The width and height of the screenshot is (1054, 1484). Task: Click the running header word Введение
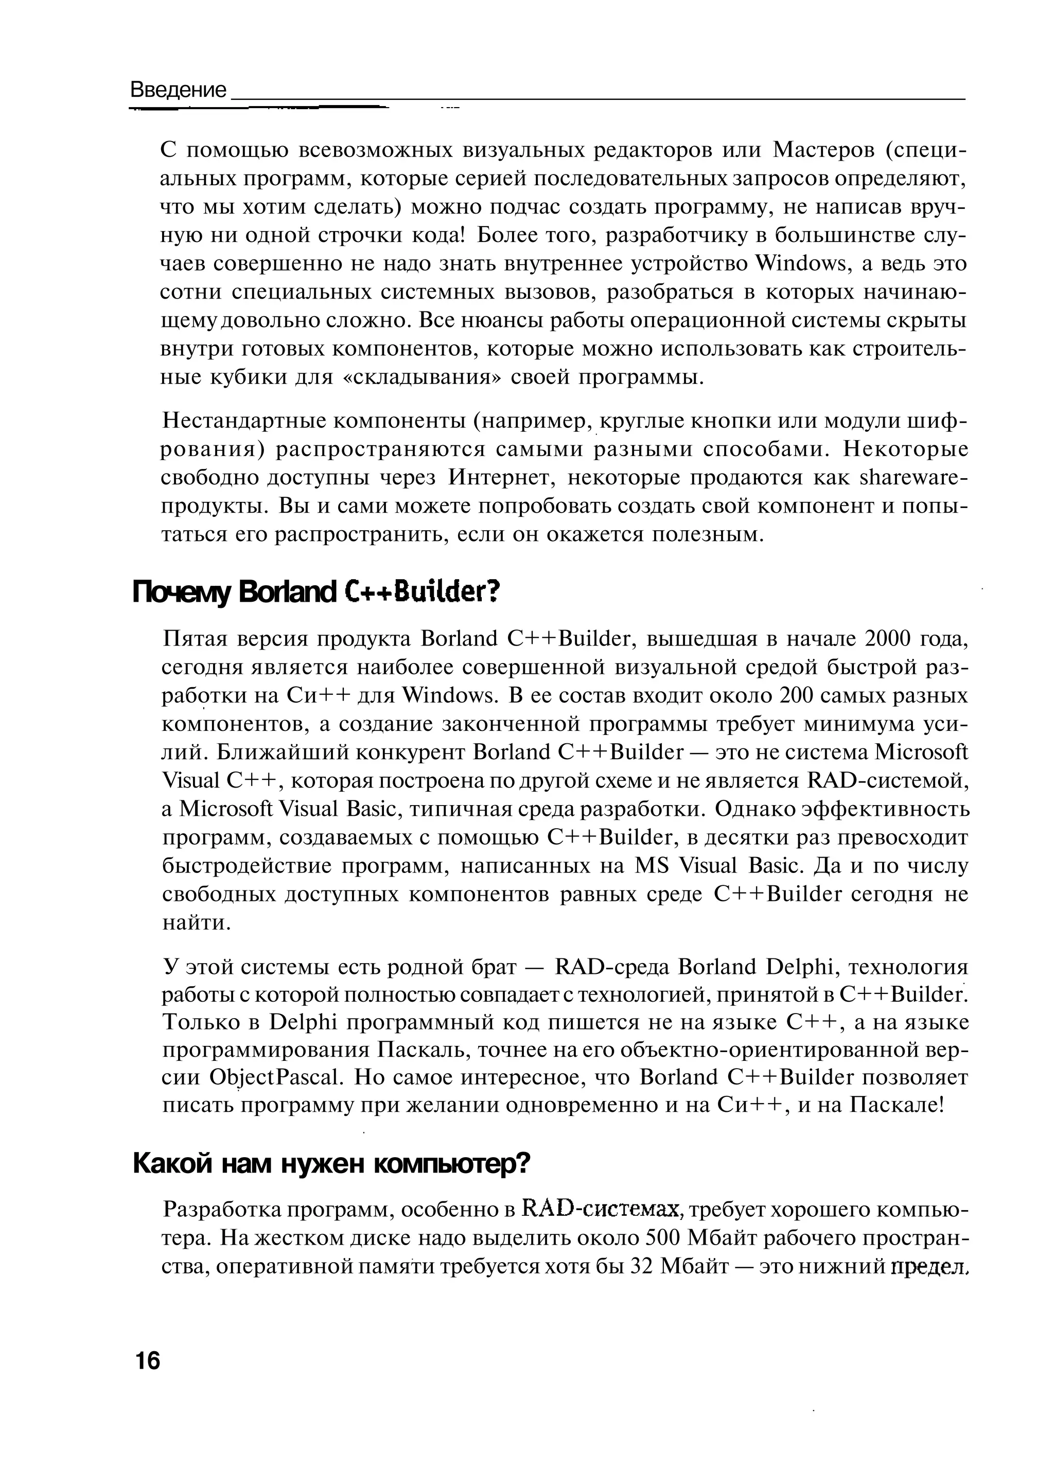tap(179, 90)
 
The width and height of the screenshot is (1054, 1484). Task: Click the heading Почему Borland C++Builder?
tap(316, 591)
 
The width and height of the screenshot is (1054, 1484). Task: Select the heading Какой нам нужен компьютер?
tap(331, 1164)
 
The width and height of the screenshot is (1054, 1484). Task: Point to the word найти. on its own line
tap(197, 923)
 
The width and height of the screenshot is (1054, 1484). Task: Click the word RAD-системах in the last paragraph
tap(602, 1210)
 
